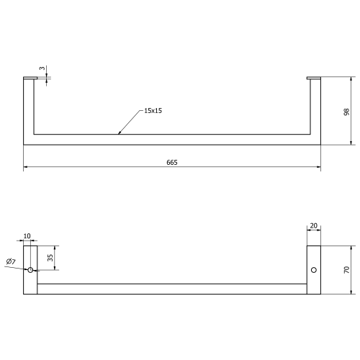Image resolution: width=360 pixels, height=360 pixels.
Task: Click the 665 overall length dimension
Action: pos(172,163)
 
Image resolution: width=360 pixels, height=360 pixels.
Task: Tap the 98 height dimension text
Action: pos(346,112)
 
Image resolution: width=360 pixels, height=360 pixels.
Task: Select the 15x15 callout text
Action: pos(153,111)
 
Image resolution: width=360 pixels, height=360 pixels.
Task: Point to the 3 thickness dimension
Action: pos(42,68)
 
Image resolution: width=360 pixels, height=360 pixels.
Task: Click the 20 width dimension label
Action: pos(313,225)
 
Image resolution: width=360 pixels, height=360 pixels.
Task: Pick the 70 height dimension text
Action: pos(346,270)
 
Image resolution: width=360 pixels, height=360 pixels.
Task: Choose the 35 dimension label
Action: pos(50,258)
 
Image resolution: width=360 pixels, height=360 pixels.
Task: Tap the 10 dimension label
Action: pos(27,236)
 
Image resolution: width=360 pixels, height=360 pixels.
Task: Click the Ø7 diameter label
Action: pos(11,261)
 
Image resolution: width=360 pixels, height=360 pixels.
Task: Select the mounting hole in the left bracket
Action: pos(30,270)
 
